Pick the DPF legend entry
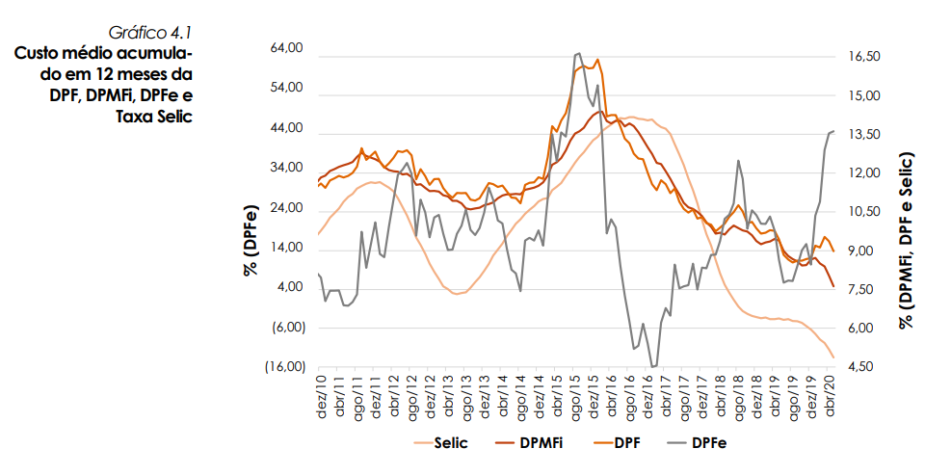(626, 443)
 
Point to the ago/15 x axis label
(576, 394)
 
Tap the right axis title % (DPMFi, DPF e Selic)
(907, 241)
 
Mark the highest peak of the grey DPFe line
(577, 54)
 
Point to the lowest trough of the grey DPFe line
(653, 366)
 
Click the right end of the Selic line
(833, 357)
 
